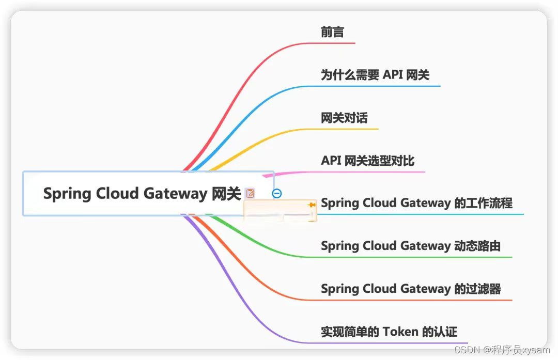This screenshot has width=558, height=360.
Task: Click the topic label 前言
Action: pyautogui.click(x=332, y=32)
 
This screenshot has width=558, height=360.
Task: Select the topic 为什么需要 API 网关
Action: pyautogui.click(x=375, y=75)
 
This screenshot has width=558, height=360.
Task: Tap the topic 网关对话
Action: pyautogui.click(x=344, y=118)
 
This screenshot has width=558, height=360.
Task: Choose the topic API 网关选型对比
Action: pyautogui.click(x=367, y=161)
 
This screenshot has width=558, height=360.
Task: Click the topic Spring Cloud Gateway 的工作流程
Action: pyautogui.click(x=416, y=203)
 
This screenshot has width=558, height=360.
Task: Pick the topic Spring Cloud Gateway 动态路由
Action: pyautogui.click(x=411, y=246)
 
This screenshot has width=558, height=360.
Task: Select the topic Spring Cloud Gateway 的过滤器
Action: pyautogui.click(x=411, y=289)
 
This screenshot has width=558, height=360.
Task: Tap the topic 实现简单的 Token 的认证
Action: pyautogui.click(x=389, y=332)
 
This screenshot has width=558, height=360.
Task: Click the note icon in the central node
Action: pyautogui.click(x=251, y=194)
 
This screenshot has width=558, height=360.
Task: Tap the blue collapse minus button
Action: pyautogui.click(x=277, y=193)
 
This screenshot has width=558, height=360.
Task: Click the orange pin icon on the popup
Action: pyautogui.click(x=312, y=205)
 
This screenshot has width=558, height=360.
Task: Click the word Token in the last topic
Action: pyautogui.click(x=400, y=332)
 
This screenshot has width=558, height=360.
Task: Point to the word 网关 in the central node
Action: pyautogui.click(x=226, y=193)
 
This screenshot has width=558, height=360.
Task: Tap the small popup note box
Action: pyautogui.click(x=280, y=212)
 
